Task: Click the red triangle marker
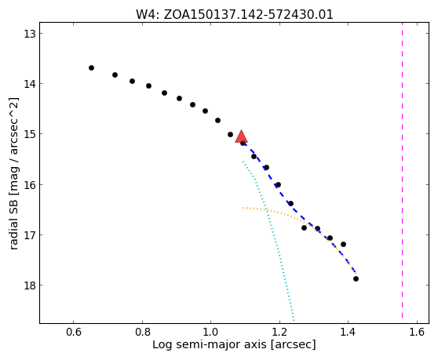point(241,136)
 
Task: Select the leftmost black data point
point(91,67)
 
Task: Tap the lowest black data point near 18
point(356,278)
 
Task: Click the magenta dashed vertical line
point(402,170)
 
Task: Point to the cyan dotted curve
point(268,212)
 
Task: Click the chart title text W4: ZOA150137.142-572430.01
point(235,14)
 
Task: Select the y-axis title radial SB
point(13,173)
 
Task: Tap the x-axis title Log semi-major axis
point(234,344)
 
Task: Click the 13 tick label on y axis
point(29,34)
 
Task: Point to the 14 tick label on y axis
point(29,84)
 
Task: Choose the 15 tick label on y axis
point(29,134)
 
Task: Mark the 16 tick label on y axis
point(29,185)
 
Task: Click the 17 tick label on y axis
point(29,235)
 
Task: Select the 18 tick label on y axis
point(29,285)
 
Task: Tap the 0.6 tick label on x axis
point(74,332)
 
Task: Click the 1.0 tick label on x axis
point(210,332)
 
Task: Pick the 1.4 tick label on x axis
point(348,332)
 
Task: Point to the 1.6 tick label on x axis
point(417,332)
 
